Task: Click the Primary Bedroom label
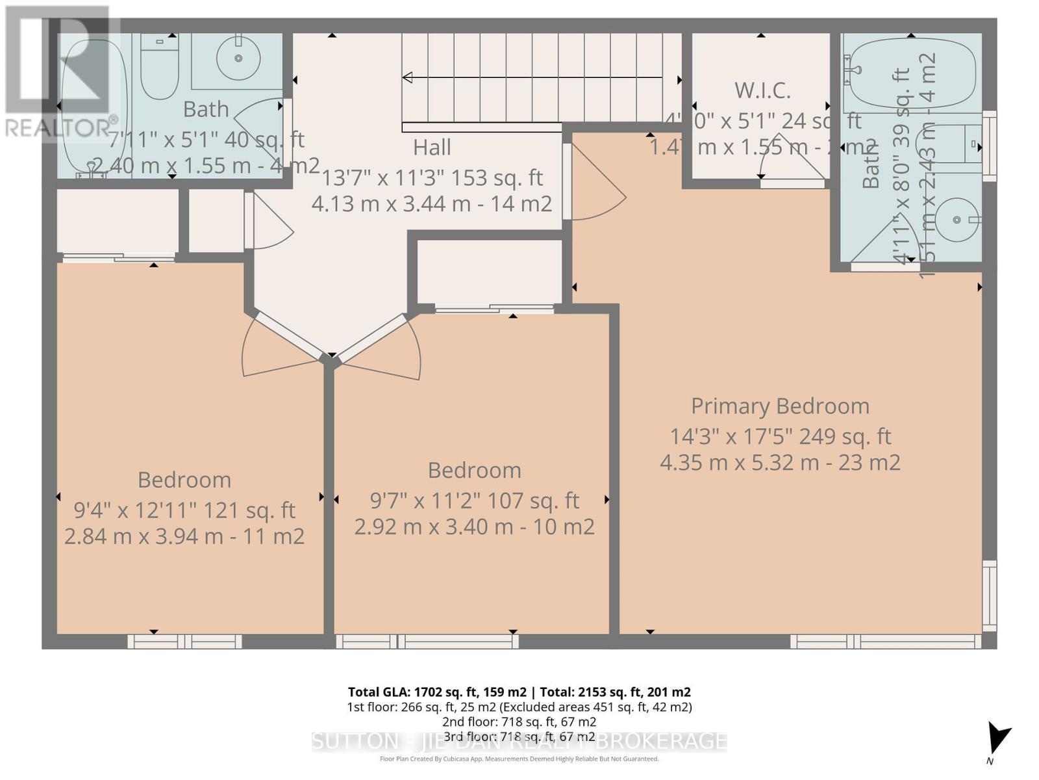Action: (x=780, y=406)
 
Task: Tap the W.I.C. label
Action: (x=762, y=90)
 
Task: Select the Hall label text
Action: (x=432, y=148)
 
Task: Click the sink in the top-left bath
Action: (x=238, y=58)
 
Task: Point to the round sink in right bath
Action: (x=957, y=220)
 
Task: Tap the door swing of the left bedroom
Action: (x=273, y=348)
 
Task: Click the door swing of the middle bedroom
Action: (x=390, y=348)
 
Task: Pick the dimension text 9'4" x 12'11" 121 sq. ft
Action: (x=184, y=510)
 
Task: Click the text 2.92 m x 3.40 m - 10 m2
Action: (x=474, y=526)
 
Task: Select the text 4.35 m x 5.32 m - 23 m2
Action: (x=780, y=463)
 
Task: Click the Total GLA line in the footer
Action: (x=519, y=692)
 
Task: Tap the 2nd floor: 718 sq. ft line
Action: (x=519, y=722)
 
